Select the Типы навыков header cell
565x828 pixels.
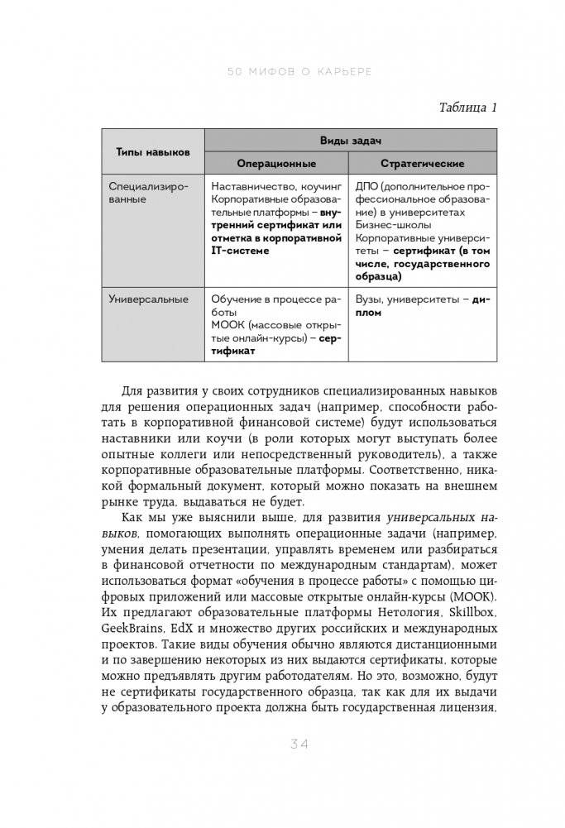pos(153,152)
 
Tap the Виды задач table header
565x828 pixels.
pos(351,141)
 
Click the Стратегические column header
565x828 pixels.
pos(422,164)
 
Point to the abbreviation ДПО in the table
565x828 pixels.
pos(367,187)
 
